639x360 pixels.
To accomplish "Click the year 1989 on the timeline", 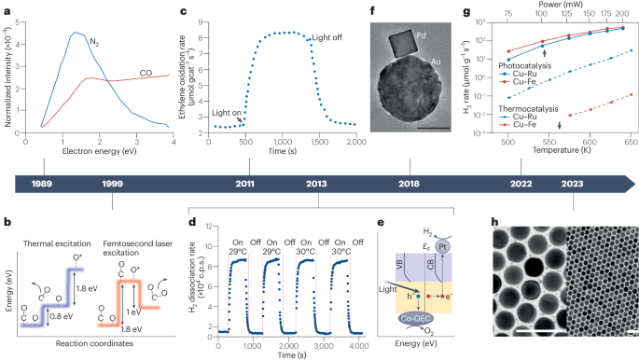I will coord(41,184).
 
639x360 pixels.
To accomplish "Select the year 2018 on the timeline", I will coord(410,184).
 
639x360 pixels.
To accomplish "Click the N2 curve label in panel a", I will coord(95,42).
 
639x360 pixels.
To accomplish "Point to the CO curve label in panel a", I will coord(147,70).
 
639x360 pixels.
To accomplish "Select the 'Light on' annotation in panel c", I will coord(227,112).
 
